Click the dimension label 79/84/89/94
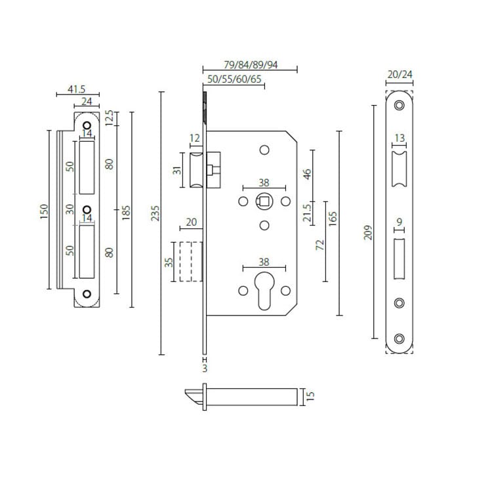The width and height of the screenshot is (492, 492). (x=251, y=64)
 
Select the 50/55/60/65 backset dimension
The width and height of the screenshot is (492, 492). (x=235, y=80)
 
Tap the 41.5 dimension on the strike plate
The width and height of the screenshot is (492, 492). (x=77, y=89)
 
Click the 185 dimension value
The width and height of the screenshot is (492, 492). (x=127, y=211)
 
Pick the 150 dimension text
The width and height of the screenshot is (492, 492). (x=43, y=211)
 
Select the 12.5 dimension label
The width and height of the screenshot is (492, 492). (x=110, y=118)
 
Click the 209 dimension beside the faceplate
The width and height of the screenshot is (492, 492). (x=368, y=232)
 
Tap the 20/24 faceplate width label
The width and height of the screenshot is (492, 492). (x=400, y=75)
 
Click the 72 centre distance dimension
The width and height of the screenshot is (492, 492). (x=319, y=245)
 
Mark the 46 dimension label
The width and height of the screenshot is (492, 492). (x=306, y=174)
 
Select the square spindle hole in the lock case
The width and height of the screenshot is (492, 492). (x=264, y=201)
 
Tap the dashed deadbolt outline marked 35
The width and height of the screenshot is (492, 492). (x=189, y=262)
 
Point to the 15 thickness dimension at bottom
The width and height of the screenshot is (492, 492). (x=312, y=396)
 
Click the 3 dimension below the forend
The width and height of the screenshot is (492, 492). (x=205, y=369)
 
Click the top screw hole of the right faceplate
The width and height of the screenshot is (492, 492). (x=400, y=106)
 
